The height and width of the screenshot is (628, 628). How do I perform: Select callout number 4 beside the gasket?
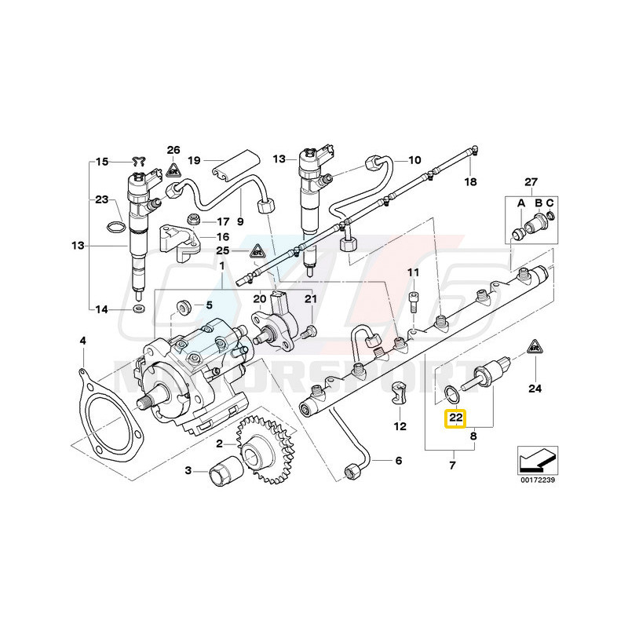82,341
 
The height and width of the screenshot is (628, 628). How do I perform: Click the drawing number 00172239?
535,480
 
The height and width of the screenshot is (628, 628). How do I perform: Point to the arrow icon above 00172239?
535,458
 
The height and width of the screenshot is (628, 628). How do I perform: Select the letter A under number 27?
519,202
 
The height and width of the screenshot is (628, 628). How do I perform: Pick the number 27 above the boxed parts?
531,183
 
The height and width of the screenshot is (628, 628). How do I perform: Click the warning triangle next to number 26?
173,166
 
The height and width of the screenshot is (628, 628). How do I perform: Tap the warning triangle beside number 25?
256,251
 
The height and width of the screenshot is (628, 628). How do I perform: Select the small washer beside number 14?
138,309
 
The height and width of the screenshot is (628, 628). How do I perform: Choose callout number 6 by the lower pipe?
397,461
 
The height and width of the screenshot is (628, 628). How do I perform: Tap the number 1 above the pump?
221,267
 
